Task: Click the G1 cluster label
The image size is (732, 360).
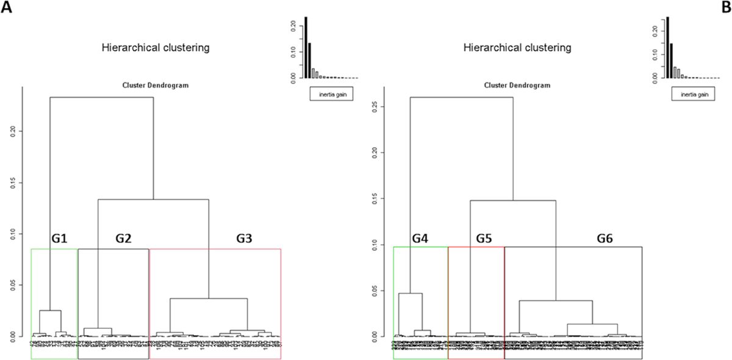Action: point(59,239)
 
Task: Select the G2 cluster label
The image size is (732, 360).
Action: point(124,239)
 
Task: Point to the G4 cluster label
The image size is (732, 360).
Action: point(420,239)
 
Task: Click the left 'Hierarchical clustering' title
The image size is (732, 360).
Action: point(156,47)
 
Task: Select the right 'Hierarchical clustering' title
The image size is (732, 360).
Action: point(517,47)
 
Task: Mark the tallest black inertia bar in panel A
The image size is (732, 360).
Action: point(306,48)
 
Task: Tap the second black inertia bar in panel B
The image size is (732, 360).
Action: point(672,60)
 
